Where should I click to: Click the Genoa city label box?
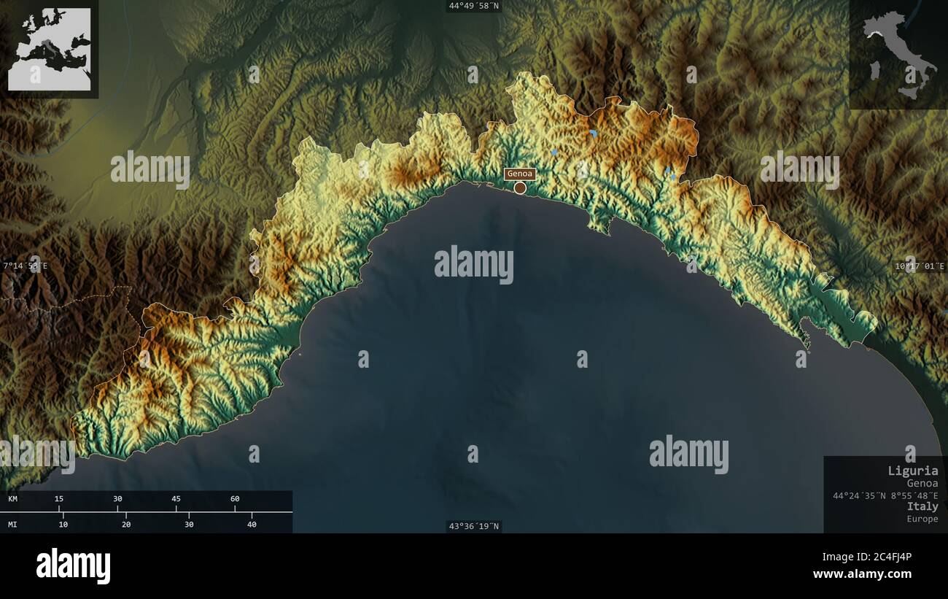(x=520, y=174)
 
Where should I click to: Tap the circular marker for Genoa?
(x=520, y=188)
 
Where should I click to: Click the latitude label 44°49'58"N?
(x=474, y=6)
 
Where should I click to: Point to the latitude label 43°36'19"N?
(x=474, y=526)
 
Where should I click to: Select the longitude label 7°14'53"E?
(x=25, y=266)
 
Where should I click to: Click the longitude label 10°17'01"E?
(x=920, y=266)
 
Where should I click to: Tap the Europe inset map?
(x=50, y=49)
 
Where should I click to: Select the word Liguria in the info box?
(x=913, y=471)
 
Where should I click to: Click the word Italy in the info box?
(x=922, y=506)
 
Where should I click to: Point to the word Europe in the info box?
(x=922, y=519)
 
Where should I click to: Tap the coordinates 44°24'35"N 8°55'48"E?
(x=885, y=495)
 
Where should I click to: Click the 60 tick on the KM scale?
(x=235, y=499)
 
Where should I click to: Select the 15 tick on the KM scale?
(x=59, y=499)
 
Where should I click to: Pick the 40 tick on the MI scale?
(x=252, y=524)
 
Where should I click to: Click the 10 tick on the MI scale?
(x=63, y=524)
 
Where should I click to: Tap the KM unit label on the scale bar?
(x=13, y=499)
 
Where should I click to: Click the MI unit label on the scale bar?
(x=13, y=524)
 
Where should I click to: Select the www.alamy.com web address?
(x=862, y=574)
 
